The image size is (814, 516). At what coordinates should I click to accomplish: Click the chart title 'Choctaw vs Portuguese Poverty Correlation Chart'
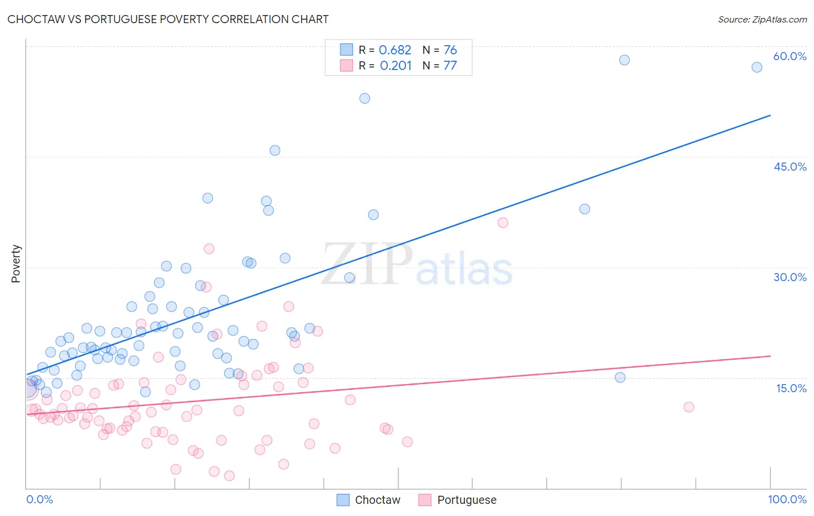[168, 19]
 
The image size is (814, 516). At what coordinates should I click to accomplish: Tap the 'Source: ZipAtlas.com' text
[762, 19]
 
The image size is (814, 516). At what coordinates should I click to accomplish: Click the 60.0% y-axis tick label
[790, 56]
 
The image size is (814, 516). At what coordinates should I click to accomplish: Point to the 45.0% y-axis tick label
[790, 167]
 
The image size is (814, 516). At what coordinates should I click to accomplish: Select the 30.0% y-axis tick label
[790, 277]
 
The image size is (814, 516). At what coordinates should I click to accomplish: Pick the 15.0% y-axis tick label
[791, 388]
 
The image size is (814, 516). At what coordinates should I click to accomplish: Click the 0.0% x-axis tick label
[39, 499]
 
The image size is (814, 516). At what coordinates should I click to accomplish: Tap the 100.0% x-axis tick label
[787, 499]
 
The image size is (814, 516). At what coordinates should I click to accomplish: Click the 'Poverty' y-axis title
[16, 264]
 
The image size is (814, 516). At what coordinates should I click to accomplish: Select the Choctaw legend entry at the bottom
[369, 500]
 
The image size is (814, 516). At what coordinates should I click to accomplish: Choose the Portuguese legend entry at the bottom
[458, 500]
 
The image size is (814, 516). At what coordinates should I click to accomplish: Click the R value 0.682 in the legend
[395, 50]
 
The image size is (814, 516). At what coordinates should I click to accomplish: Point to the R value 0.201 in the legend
[395, 65]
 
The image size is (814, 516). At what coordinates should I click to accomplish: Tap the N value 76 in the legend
[450, 50]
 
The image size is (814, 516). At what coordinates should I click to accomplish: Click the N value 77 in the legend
[450, 65]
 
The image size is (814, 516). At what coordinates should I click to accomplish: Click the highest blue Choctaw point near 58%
[624, 60]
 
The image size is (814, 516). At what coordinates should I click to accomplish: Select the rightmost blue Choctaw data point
[757, 67]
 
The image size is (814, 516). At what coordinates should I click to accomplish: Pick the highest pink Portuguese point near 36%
[503, 223]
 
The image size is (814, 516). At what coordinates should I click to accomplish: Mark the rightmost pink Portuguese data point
[688, 407]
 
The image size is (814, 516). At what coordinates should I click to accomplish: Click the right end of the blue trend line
[770, 115]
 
